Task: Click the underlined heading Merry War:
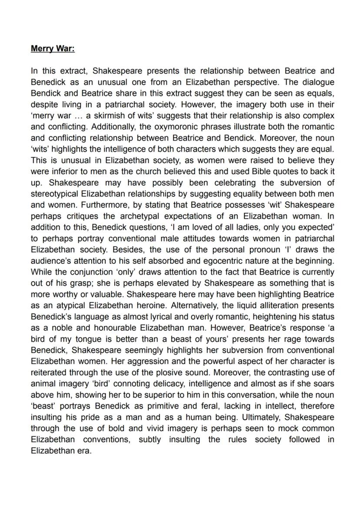(53, 49)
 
